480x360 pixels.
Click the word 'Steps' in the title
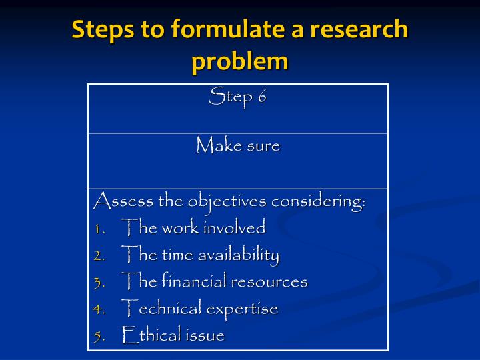pyautogui.click(x=99, y=30)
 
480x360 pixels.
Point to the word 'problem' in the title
pyautogui.click(x=240, y=62)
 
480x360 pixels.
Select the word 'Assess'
pyautogui.click(x=122, y=200)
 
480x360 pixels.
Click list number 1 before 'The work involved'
pyautogui.click(x=99, y=229)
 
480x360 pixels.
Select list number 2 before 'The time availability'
pyautogui.click(x=99, y=255)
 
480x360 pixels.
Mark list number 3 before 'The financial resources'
pyautogui.click(x=99, y=283)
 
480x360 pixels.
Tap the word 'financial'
pyautogui.click(x=195, y=281)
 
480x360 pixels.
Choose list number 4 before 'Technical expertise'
pyautogui.click(x=99, y=309)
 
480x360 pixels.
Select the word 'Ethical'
pyautogui.click(x=153, y=335)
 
